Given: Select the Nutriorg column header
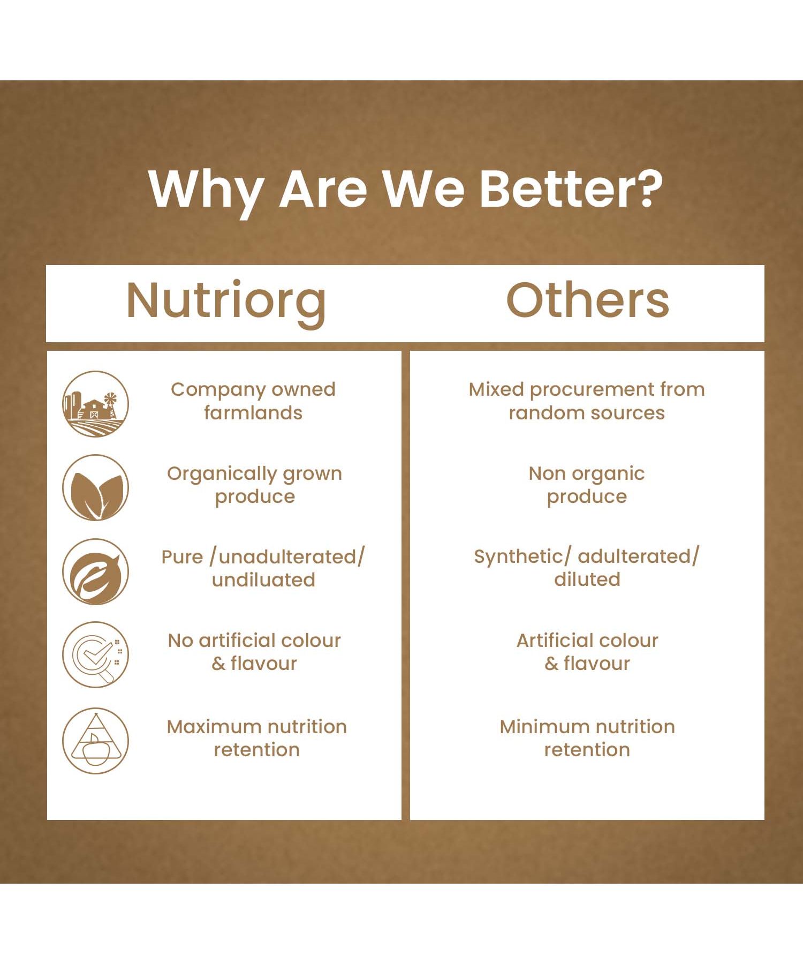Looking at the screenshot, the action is tap(226, 302).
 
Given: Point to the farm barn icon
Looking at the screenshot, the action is tap(95, 403).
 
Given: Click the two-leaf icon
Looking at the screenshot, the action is tap(95, 487).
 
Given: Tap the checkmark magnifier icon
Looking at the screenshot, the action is tap(95, 654).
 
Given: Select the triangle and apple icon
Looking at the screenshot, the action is tap(95, 741).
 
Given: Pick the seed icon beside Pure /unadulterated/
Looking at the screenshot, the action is tap(95, 571).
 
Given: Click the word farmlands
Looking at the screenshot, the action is tap(253, 412).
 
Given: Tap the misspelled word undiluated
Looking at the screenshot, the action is tap(263, 579).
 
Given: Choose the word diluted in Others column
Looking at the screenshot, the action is tap(587, 579).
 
